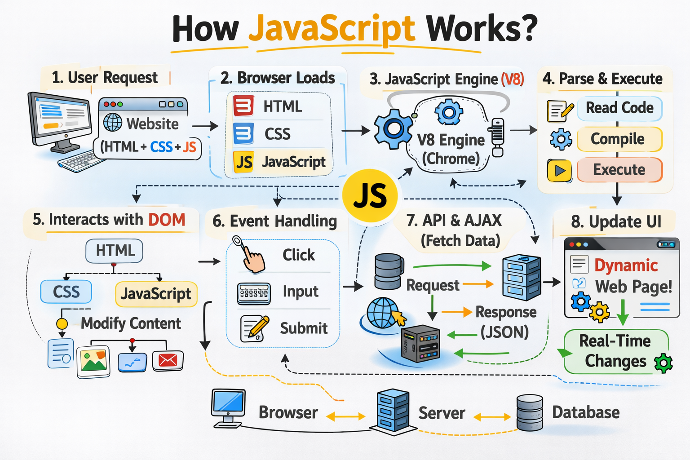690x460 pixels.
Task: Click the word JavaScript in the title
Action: pyautogui.click(x=332, y=29)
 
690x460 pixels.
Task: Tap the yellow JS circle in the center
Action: pyautogui.click(x=370, y=196)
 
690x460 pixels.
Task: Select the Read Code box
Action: pyautogui.click(x=619, y=108)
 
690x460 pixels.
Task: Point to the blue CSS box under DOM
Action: pyautogui.click(x=66, y=292)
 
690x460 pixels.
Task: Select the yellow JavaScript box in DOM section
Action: pyautogui.click(x=156, y=294)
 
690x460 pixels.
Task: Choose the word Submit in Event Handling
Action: pyautogui.click(x=304, y=328)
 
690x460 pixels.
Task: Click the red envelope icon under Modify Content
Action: pyautogui.click(x=168, y=361)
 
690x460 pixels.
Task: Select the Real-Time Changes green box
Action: pyautogui.click(x=615, y=351)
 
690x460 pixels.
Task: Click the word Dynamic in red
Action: pyautogui.click(x=626, y=265)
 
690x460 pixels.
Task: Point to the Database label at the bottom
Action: pyautogui.click(x=586, y=412)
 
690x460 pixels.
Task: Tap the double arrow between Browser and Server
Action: pyautogui.click(x=345, y=417)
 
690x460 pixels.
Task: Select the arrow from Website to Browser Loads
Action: pyautogui.click(x=205, y=127)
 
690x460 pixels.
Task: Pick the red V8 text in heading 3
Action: pyautogui.click(x=512, y=80)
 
